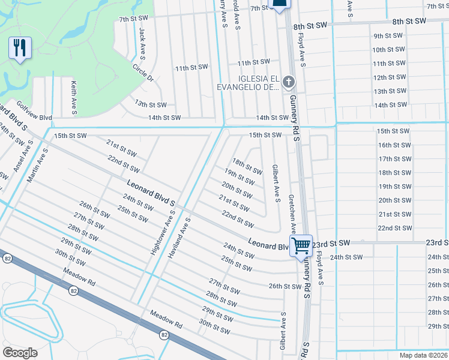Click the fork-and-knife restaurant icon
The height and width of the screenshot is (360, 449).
tap(20, 48)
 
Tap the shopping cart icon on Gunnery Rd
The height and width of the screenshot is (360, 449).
tap(301, 244)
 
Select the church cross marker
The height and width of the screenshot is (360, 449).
tap(289, 82)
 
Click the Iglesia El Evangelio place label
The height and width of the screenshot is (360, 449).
tap(258, 83)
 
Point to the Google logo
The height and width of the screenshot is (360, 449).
tap(20, 352)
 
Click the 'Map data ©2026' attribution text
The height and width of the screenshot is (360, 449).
tap(424, 355)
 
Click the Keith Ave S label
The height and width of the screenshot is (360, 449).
tap(73, 97)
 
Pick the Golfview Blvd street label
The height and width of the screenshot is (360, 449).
tap(34, 111)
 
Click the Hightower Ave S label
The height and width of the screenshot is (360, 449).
tap(163, 235)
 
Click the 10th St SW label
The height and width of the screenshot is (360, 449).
tap(388, 50)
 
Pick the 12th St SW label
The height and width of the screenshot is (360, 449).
tap(389, 77)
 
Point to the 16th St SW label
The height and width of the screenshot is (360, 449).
tap(394, 145)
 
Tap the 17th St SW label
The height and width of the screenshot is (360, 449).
tap(394, 158)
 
